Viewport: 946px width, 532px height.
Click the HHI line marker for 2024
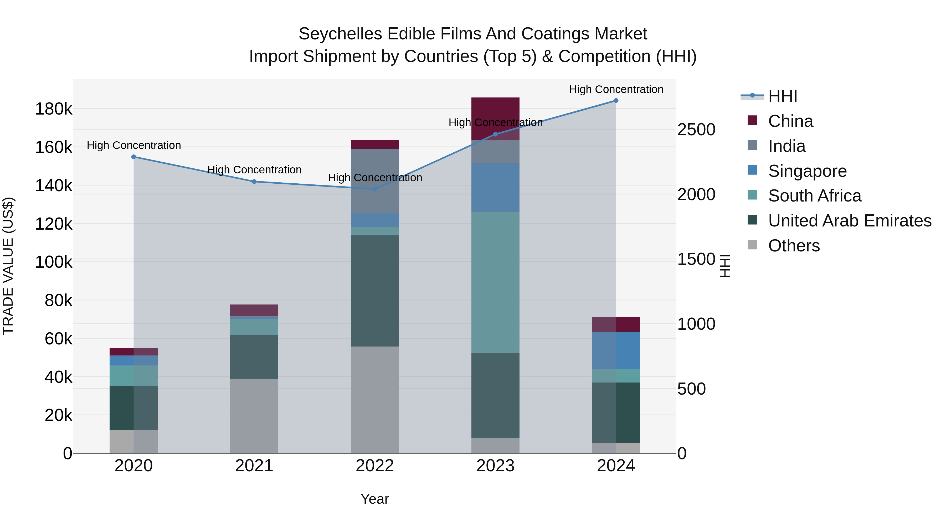pos(616,101)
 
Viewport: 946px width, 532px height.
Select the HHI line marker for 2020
pos(134,157)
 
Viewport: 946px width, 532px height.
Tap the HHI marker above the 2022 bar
pos(374,189)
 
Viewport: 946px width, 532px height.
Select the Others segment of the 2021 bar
pos(254,416)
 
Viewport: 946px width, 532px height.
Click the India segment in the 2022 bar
pos(374,181)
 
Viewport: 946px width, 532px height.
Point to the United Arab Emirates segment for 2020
pos(134,407)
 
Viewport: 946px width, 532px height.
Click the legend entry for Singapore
pos(807,171)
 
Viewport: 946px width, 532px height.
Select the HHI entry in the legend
pos(782,96)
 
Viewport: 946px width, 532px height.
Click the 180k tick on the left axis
pos(54,109)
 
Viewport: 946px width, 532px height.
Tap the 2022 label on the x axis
pos(374,466)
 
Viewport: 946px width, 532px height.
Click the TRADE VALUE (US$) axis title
pos(8,266)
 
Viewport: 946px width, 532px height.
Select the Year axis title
pos(374,499)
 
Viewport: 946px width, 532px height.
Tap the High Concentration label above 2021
pos(254,170)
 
